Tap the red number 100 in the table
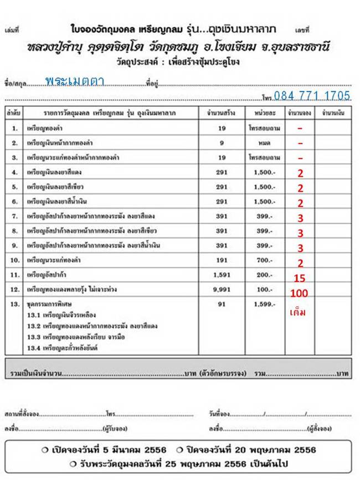300,293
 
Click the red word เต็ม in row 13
298,313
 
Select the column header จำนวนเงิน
333,113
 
